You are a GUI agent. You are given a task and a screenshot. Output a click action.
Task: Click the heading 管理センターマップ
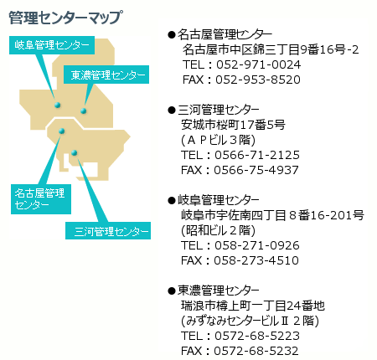click(65, 18)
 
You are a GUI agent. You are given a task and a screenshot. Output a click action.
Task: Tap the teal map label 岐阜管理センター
click(52, 45)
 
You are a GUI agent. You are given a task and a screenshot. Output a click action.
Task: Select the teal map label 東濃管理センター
click(106, 75)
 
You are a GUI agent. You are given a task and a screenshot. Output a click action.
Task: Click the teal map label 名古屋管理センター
click(41, 199)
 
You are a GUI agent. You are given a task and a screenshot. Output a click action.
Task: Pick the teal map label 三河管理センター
click(108, 230)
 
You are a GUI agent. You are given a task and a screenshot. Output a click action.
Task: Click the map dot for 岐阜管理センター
click(58, 105)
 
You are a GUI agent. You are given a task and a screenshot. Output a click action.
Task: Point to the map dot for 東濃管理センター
click(83, 111)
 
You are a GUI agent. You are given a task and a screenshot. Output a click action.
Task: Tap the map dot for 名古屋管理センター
click(62, 131)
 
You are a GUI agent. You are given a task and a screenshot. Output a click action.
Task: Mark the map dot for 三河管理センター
click(74, 152)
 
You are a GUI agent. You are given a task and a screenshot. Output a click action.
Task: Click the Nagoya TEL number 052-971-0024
click(258, 64)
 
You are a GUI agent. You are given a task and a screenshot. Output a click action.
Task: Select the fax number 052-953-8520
click(258, 80)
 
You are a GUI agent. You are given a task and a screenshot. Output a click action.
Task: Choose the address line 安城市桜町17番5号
click(233, 125)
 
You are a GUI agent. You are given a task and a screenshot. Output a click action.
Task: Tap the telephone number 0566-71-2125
click(257, 155)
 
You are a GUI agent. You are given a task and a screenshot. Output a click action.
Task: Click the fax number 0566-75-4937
click(256, 170)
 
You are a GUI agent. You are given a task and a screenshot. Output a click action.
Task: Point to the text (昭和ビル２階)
click(218, 230)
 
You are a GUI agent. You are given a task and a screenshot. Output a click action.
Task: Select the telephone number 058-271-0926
click(257, 245)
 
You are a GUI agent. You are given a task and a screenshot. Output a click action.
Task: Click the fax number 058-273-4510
click(256, 260)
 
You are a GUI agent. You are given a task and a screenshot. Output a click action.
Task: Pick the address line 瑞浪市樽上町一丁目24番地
click(253, 306)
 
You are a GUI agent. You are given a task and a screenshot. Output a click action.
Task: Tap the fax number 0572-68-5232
click(256, 351)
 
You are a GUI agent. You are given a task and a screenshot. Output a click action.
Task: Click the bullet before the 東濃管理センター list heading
click(171, 291)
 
